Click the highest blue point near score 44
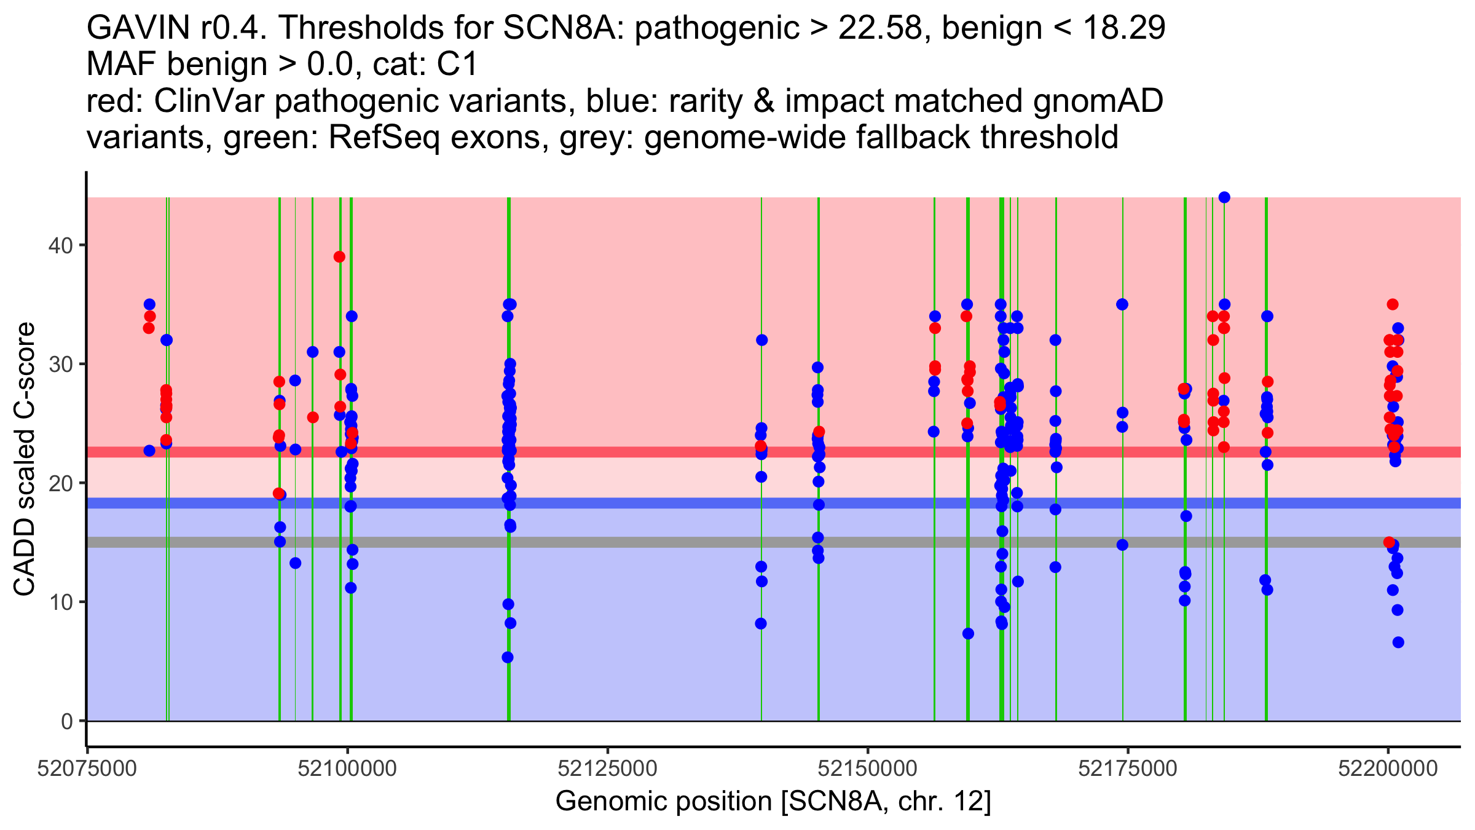[x=1224, y=197]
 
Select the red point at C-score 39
[x=339, y=257]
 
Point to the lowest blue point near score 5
[x=508, y=657]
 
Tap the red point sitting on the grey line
[x=1389, y=542]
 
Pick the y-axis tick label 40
[x=60, y=245]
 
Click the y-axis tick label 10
[x=60, y=602]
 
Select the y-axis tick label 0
[x=67, y=721]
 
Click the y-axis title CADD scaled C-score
[x=25, y=459]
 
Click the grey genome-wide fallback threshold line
[x=615, y=542]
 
